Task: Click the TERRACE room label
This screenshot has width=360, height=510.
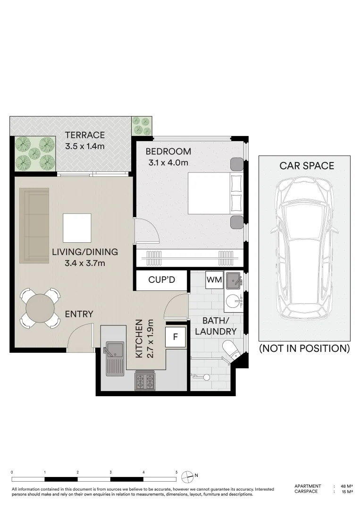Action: point(85,135)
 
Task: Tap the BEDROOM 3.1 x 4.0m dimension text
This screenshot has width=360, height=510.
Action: point(168,162)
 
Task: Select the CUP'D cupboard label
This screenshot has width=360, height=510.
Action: point(161,280)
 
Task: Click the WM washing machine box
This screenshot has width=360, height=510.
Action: point(214,280)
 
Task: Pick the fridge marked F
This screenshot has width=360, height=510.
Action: point(176,337)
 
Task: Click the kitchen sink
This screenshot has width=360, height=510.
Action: point(113,358)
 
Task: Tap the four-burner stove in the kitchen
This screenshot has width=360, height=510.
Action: point(144,381)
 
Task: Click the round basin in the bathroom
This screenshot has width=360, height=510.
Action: point(233,301)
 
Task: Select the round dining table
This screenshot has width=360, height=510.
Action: point(40,308)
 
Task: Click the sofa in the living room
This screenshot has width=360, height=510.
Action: point(34,225)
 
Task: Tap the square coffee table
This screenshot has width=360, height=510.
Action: point(77,228)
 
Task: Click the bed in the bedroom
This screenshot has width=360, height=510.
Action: point(216,193)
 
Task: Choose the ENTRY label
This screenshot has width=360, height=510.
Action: point(79,314)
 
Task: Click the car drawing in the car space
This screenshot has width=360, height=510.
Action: point(304,248)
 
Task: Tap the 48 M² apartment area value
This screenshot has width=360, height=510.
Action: point(347,486)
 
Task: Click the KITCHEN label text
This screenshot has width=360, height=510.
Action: point(139,339)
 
